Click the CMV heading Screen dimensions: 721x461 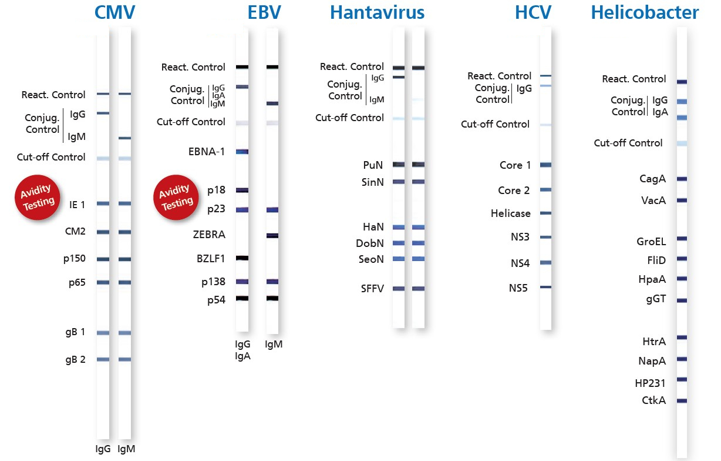pos(114,12)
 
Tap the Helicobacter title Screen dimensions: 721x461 pos(645,12)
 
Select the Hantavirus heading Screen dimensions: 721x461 pos(378,12)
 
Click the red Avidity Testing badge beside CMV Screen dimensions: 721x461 pos(38,198)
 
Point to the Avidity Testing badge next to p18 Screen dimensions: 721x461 pos(176,198)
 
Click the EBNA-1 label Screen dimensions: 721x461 pos(207,152)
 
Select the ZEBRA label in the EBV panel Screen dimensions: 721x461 pos(209,235)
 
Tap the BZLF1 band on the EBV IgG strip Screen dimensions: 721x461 pos(242,258)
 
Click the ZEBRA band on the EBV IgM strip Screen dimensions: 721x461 pos(272,236)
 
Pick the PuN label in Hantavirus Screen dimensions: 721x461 pos(373,165)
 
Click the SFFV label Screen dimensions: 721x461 pos(372,289)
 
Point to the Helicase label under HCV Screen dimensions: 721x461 pos(510,213)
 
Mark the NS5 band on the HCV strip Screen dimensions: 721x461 pos(545,287)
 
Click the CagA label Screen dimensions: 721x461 pos(652,179)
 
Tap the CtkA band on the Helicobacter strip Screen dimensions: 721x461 pos(682,400)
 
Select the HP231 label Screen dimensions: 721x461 pos(650,383)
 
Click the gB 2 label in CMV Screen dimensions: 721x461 pos(75,359)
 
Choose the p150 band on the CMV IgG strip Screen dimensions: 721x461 pos(103,259)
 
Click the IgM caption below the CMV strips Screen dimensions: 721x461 pos(126,449)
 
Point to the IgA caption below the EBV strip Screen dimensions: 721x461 pos(242,356)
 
